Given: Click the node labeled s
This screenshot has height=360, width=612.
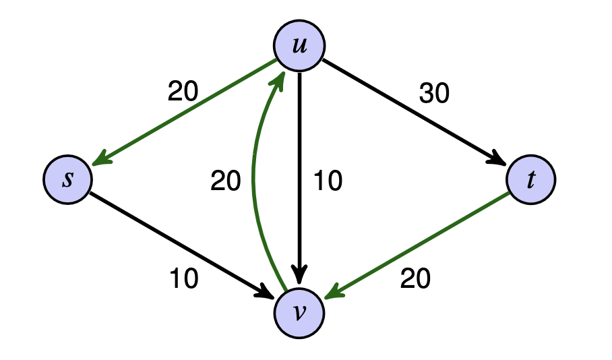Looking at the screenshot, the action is click(68, 179).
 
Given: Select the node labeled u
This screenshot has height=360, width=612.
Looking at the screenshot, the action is click(299, 46).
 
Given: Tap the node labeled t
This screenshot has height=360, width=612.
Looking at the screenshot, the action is click(531, 179).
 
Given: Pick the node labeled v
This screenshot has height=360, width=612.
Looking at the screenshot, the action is click(299, 313).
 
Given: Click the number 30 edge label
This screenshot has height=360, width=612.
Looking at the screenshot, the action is click(434, 93).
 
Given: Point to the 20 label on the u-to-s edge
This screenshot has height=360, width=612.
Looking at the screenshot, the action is click(183, 92).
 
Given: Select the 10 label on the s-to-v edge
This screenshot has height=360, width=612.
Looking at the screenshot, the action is click(184, 279).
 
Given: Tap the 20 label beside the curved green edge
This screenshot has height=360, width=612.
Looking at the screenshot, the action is click(225, 181).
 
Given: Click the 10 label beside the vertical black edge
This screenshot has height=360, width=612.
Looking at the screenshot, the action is click(328, 181).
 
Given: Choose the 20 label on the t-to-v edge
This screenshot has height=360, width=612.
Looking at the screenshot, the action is click(415, 279).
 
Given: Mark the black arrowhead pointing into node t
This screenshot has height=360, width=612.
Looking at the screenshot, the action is click(497, 158).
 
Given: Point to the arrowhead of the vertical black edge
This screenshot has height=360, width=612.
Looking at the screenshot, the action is click(299, 274).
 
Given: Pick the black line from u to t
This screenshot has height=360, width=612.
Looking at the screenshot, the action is click(415, 112).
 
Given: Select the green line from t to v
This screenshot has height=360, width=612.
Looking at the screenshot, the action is click(417, 245).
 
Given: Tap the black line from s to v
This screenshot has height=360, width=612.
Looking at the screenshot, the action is click(182, 245).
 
